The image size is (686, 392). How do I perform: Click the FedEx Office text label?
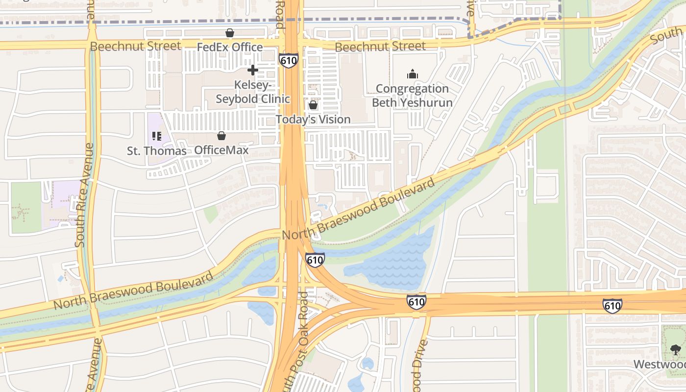coord(230,47)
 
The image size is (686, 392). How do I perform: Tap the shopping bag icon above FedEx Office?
coord(229,33)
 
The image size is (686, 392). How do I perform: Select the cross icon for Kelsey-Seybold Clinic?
coord(253,70)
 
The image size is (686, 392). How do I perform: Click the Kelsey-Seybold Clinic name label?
coord(253,92)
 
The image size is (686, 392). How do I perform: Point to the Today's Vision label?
coord(313,119)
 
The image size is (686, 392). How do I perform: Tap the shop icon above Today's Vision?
coord(313,105)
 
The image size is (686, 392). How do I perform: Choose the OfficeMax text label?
coord(221,150)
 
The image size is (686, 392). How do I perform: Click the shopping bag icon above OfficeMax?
coord(221,136)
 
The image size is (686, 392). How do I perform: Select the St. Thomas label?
coord(156,150)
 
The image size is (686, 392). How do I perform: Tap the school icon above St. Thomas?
coord(157,136)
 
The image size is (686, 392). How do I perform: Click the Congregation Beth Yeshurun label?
coord(412,96)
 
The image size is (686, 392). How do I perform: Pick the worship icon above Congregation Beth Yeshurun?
coord(413,74)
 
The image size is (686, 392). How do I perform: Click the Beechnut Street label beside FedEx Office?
coord(136,46)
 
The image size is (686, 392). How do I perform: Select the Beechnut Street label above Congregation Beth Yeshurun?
coord(380,47)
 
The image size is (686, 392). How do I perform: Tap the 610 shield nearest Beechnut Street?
coord(289,60)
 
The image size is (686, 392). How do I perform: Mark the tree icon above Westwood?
coord(676,349)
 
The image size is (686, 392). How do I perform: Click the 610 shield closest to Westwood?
coord(612,306)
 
